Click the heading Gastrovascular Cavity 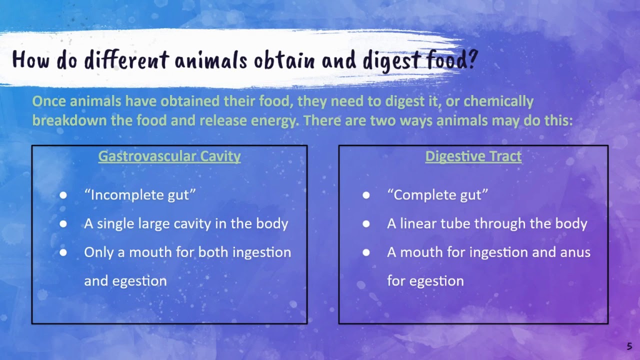pos(169,156)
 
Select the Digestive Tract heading pos(473,156)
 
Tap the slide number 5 pos(629,346)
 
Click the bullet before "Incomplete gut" pos(63,195)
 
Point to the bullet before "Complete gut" pos(366,195)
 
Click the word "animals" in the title pos(211,60)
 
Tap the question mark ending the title pos(471,60)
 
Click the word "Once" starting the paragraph pos(49,101)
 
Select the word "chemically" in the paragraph pos(498,101)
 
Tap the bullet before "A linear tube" pos(366,224)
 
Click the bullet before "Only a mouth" pos(63,252)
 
